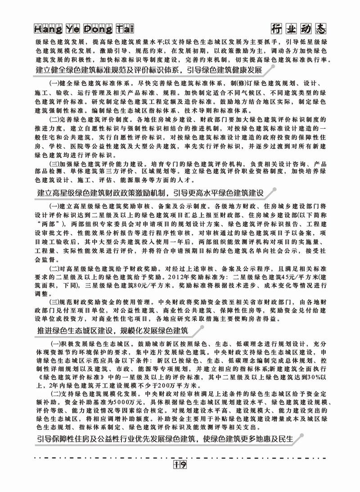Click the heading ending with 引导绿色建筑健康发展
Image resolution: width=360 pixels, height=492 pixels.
click(148, 71)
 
